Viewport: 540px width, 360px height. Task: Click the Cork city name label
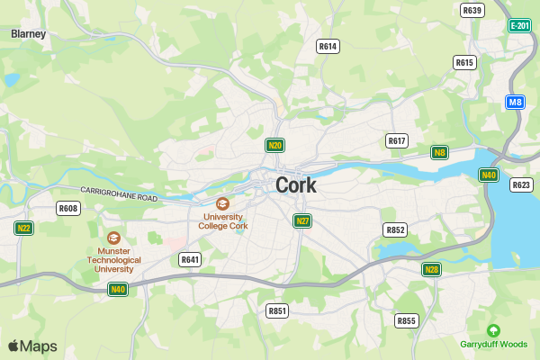(x=296, y=185)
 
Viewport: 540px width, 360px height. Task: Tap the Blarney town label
(x=29, y=33)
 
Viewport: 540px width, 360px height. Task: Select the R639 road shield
(x=472, y=10)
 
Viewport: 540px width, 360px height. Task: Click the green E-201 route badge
(x=519, y=26)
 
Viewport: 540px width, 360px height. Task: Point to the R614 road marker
(x=328, y=46)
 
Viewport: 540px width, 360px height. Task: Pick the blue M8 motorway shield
(x=515, y=102)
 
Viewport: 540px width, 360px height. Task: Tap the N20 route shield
(x=275, y=145)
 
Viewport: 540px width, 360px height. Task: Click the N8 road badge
(x=440, y=152)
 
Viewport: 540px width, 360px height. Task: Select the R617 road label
(x=397, y=140)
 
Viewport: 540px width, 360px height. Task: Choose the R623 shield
(x=521, y=184)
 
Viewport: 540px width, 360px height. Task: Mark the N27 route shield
(x=303, y=220)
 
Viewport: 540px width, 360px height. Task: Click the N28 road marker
(x=432, y=269)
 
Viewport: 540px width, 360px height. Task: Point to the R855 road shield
(x=407, y=320)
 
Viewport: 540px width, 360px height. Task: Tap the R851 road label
(x=277, y=310)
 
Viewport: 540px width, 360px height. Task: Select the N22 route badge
(x=24, y=228)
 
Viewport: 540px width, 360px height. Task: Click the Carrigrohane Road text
(x=119, y=193)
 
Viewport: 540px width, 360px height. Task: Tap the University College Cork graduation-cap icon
(x=222, y=204)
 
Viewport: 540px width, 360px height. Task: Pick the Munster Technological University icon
(x=113, y=238)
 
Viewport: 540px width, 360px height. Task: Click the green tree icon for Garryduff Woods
(x=493, y=330)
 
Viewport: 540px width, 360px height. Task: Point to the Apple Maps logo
(x=32, y=346)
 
